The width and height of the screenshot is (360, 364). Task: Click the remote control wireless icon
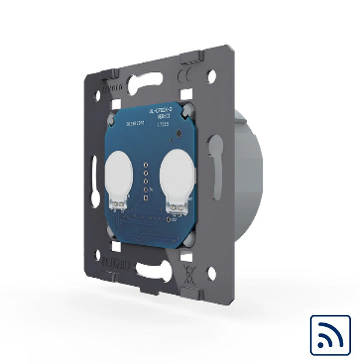[329, 335]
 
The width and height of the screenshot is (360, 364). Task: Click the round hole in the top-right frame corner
[212, 76]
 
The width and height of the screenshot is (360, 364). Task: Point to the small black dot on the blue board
[172, 139]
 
